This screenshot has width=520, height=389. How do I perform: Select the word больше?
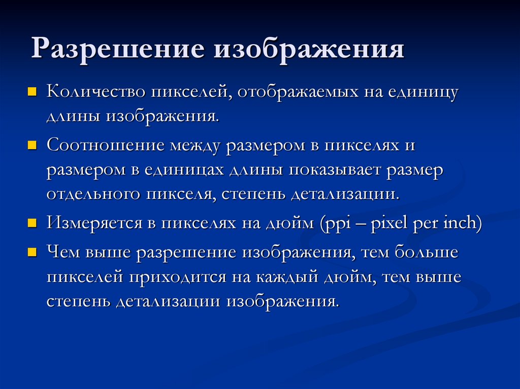(x=425, y=252)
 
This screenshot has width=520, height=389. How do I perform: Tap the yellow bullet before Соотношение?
(x=31, y=146)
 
